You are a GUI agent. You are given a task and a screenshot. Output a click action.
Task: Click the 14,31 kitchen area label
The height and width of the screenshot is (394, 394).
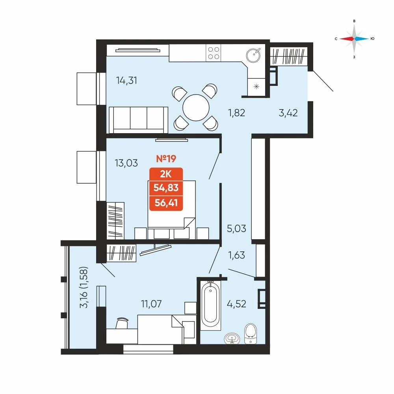(x=126, y=80)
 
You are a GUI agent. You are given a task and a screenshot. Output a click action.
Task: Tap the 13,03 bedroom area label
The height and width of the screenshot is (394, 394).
(x=126, y=163)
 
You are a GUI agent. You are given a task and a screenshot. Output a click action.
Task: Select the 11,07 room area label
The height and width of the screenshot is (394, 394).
(x=151, y=304)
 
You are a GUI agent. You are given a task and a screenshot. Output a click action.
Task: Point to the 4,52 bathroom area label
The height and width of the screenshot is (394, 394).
(x=236, y=304)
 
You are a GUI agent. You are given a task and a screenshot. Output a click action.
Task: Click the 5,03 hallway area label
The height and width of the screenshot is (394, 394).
(x=236, y=229)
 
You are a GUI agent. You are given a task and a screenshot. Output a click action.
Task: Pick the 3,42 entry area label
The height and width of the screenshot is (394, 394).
(x=288, y=113)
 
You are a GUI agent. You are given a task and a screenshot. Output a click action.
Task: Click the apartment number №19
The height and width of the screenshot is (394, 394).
(x=166, y=158)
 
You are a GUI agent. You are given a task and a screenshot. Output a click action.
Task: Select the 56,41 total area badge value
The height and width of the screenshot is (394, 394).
(x=166, y=203)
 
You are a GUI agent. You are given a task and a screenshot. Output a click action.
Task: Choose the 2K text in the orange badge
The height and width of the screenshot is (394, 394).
(x=166, y=174)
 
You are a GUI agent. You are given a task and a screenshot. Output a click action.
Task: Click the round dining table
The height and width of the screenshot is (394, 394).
(x=196, y=108)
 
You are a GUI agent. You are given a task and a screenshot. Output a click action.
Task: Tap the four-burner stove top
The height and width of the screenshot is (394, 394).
(x=214, y=53)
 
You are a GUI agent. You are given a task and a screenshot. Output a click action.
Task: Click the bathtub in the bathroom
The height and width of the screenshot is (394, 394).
(x=210, y=305)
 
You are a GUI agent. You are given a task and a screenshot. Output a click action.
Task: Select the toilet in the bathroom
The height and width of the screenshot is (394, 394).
(x=251, y=334)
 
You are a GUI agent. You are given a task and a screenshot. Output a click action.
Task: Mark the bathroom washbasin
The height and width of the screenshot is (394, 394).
(x=232, y=338)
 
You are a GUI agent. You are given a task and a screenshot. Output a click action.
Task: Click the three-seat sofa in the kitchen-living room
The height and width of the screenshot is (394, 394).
(x=138, y=120)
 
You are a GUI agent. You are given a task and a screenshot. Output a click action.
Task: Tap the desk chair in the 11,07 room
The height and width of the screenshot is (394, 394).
(x=122, y=323)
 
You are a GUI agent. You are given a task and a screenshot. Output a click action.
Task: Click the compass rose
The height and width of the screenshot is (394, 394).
(x=354, y=39)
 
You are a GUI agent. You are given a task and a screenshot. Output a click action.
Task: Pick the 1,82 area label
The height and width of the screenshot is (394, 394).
(x=236, y=113)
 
